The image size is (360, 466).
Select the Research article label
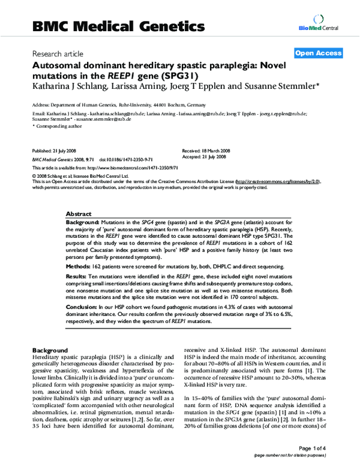click(x=56, y=53)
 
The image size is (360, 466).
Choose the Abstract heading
click(x=78, y=214)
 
